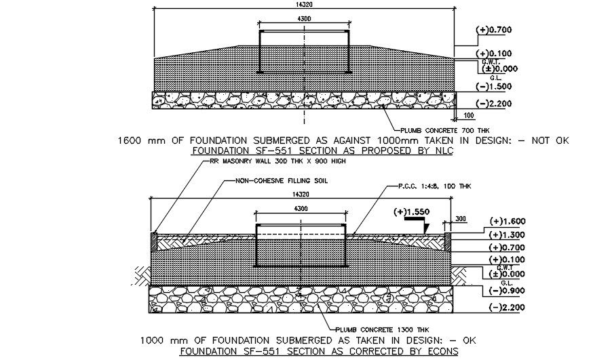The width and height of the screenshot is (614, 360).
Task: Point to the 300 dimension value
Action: tap(461, 218)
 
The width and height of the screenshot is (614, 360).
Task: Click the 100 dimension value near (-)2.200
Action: tap(468, 115)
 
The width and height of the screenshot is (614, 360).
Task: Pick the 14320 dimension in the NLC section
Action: tap(305, 4)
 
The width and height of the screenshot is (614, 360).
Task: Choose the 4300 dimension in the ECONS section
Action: tap(303, 210)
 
